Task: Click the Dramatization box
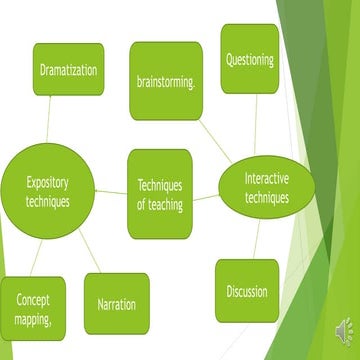click(68, 69)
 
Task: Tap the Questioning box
click(249, 59)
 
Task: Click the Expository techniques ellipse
click(48, 189)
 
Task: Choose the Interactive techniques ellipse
click(266, 186)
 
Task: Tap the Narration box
click(117, 304)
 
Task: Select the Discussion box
click(246, 292)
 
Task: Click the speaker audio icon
click(343, 329)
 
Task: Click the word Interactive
click(267, 178)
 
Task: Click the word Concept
click(33, 299)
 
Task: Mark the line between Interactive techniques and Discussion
click(256, 236)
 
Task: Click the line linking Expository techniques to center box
click(111, 191)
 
